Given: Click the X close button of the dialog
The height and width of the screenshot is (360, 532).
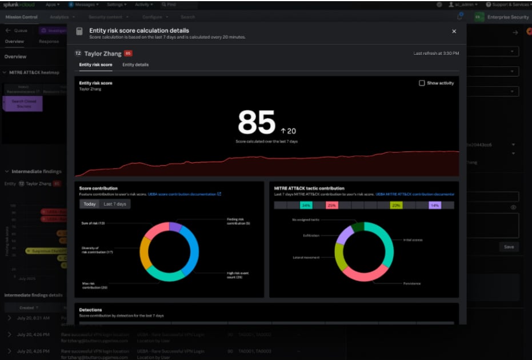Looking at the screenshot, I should (x=454, y=31).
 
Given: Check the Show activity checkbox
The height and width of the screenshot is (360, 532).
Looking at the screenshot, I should (x=422, y=83).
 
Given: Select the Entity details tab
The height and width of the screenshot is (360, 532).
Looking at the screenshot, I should (x=135, y=65).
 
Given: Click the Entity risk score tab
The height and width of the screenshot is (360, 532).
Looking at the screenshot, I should (x=95, y=65).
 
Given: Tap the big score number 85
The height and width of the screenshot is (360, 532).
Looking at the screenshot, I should (x=257, y=122).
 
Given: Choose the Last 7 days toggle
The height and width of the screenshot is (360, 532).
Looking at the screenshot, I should (x=115, y=204).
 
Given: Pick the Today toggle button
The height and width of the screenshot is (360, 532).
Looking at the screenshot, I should (x=90, y=204).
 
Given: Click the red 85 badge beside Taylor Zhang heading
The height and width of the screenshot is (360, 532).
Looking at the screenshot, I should (x=128, y=53).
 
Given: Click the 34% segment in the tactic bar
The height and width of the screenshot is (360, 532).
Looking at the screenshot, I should (x=306, y=205).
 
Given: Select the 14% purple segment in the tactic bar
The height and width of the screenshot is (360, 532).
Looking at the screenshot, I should (x=435, y=205).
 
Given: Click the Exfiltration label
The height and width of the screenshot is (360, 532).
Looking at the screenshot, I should (x=311, y=235).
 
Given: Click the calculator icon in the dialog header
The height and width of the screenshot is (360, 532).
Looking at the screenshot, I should (x=79, y=31).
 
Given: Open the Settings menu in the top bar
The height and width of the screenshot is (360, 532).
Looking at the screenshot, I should (x=117, y=5).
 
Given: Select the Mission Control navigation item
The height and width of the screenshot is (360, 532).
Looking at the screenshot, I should (x=21, y=17).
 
